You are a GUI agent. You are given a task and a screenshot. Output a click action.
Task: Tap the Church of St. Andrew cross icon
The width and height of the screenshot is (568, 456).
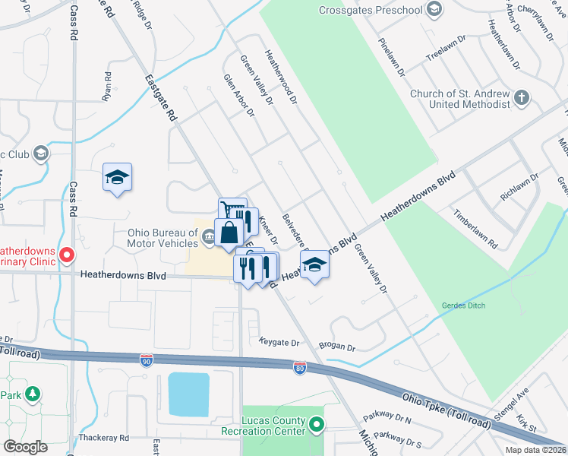tap(521, 97)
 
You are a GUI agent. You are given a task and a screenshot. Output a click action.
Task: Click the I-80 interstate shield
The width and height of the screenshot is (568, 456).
tap(301, 368)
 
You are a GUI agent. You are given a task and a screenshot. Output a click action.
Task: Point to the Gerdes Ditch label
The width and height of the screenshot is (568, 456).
tap(463, 306)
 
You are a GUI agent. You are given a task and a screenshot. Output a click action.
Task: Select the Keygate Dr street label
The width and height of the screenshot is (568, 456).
tap(279, 342)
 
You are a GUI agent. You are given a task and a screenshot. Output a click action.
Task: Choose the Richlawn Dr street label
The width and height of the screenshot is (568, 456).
tap(519, 187)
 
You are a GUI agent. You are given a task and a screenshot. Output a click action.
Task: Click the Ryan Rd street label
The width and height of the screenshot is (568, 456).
tap(107, 87)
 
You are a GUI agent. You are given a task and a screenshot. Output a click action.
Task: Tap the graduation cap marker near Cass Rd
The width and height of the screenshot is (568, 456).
tap(117, 178)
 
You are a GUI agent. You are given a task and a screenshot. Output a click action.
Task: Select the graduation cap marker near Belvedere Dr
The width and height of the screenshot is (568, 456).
tap(314, 265)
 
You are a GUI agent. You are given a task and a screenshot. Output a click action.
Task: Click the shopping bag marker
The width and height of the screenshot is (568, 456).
tap(229, 233)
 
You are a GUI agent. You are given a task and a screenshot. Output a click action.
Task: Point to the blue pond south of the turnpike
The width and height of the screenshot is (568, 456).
tap(188, 394)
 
